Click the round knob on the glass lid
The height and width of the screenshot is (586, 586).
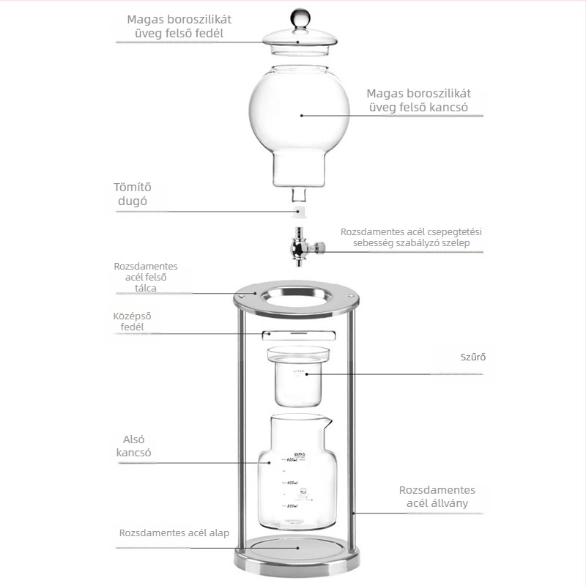pyautogui.click(x=300, y=17)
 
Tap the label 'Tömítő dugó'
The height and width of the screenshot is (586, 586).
pyautogui.click(x=133, y=194)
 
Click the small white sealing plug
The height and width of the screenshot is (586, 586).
pyautogui.click(x=298, y=212)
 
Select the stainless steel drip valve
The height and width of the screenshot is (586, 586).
pyautogui.click(x=305, y=247)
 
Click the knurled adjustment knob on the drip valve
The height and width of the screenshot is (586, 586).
pyautogui.click(x=320, y=247)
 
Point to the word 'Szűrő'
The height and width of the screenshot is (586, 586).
pyautogui.click(x=472, y=357)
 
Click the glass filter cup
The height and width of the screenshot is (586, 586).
pyautogui.click(x=298, y=377)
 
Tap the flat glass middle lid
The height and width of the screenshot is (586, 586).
pyautogui.click(x=299, y=335)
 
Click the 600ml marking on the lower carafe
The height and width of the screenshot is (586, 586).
pyautogui.click(x=292, y=460)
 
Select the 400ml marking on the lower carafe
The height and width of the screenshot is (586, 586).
pyautogui.click(x=292, y=483)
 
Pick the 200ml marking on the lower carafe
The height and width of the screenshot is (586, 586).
pyautogui.click(x=292, y=506)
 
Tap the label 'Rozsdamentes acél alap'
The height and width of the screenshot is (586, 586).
pyautogui.click(x=174, y=533)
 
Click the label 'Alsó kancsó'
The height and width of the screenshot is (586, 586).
pyautogui.click(x=133, y=446)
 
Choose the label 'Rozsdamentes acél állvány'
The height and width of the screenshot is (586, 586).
pyautogui.click(x=437, y=497)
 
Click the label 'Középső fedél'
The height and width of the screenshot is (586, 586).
pyautogui.click(x=132, y=322)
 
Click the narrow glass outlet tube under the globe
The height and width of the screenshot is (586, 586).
pyautogui.click(x=299, y=196)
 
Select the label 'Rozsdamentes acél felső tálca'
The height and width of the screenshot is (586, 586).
pyautogui.click(x=145, y=277)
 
